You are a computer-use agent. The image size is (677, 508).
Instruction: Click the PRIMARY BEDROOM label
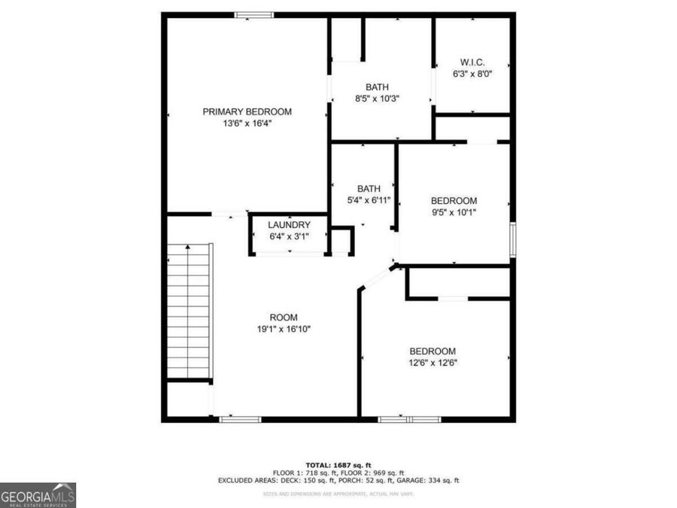coord(247,111)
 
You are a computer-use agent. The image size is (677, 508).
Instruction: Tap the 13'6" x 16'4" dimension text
coord(247,123)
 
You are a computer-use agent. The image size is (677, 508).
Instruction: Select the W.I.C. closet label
coord(472,62)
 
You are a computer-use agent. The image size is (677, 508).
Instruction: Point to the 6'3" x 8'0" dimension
coord(472,75)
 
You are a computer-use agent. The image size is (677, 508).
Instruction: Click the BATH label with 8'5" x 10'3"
coord(377,87)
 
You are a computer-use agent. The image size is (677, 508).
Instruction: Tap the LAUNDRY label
coord(289,225)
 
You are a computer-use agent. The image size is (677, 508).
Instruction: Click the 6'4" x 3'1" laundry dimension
coord(289,237)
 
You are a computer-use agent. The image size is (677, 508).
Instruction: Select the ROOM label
coord(284,317)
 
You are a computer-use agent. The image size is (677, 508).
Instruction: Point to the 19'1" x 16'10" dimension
coord(284,329)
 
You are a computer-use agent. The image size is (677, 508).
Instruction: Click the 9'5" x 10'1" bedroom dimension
coord(454,212)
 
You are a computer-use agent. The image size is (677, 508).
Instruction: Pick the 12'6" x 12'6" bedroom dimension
coord(433,363)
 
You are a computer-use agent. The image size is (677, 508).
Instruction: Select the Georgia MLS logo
coord(38,495)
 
